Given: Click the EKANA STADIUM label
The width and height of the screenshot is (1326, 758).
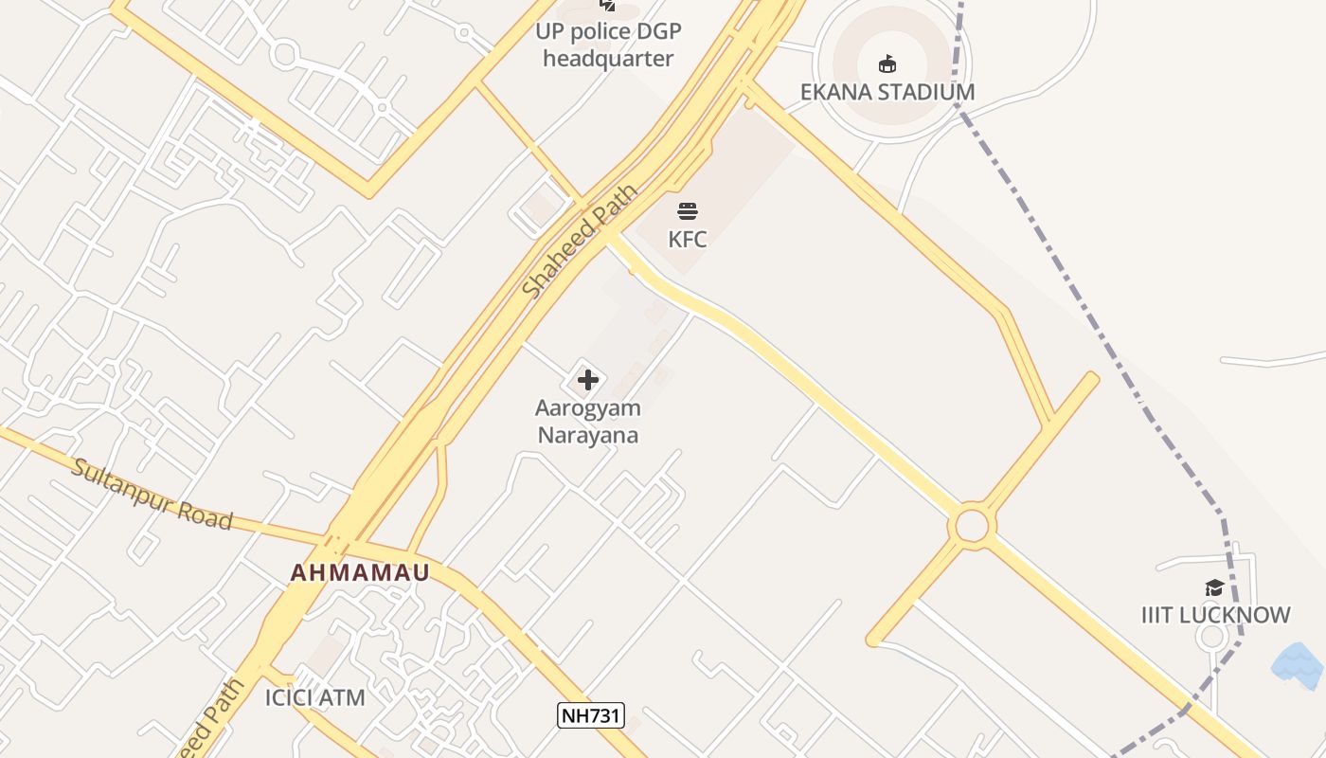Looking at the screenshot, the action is point(887,92).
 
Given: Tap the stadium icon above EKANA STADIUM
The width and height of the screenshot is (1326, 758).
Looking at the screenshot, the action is point(887,64).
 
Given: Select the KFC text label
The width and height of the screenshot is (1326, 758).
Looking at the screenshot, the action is point(688,239).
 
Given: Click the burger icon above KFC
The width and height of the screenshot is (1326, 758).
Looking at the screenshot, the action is point(688,210).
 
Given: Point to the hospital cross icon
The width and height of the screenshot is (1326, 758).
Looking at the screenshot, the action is point(587,380).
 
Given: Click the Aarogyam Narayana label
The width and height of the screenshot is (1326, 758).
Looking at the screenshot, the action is point(587,422).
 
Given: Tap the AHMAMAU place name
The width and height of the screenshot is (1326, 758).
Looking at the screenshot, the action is point(360,572).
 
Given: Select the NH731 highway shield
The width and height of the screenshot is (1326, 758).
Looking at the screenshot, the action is point(590,715).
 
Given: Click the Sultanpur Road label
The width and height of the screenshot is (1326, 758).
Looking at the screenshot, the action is point(152,495).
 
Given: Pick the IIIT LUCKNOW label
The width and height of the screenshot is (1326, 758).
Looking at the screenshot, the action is point(1215,615).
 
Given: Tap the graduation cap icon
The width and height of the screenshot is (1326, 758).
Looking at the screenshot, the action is point(1214,588).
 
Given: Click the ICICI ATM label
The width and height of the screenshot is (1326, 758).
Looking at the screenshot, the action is point(314,698).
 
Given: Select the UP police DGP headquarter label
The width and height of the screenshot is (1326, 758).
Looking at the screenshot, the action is point(608,45).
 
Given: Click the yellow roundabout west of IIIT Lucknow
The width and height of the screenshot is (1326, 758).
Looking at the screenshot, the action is point(972,526).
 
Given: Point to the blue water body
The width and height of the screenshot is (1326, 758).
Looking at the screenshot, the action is point(1298,665).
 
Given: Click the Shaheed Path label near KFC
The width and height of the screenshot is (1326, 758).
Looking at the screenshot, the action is point(580,244).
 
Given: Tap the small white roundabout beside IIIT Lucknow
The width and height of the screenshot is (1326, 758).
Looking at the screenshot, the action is point(1211,636).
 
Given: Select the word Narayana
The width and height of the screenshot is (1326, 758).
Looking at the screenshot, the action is point(587,436).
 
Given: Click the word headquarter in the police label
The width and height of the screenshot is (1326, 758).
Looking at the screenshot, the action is point(608,59).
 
